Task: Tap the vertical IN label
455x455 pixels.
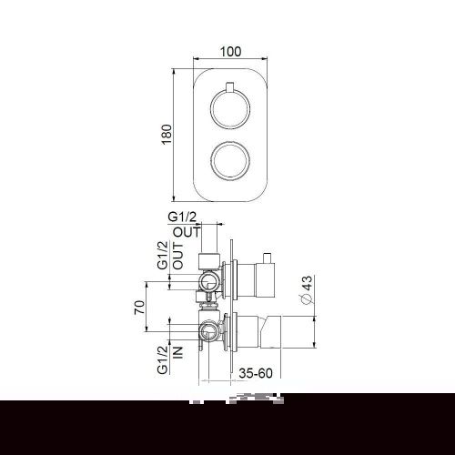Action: pyautogui.click(x=178, y=349)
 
